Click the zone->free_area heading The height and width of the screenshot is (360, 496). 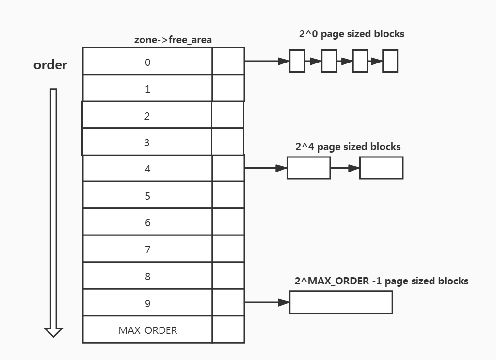pos(173,40)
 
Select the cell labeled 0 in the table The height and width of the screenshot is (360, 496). pos(147,62)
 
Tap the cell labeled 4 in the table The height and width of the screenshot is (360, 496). pos(147,169)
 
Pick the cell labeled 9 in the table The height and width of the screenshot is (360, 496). pos(147,303)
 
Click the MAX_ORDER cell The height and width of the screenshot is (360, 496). pos(147,330)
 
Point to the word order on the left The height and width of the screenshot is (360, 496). pos(50,65)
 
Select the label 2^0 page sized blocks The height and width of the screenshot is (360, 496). pos(352,34)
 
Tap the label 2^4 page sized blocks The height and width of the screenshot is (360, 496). pos(348,146)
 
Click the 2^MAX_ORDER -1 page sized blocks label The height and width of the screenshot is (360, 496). pos(381,281)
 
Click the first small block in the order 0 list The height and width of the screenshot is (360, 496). pos(297,61)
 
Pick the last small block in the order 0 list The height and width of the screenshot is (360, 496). pos(390,61)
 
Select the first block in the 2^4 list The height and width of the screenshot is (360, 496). pos(308,168)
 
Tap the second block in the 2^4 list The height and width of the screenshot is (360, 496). pos(381,168)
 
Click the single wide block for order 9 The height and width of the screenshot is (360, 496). pos(341,302)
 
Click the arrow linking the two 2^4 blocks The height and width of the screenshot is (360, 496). pos(345,168)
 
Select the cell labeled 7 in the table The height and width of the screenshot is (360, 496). pos(147,250)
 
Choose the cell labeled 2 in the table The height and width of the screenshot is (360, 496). pos(147,115)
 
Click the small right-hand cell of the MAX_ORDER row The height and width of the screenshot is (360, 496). pos(228,330)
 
